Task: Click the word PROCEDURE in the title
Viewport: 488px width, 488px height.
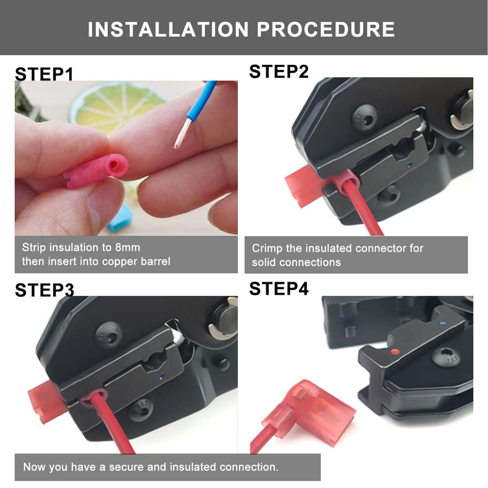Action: [325, 30]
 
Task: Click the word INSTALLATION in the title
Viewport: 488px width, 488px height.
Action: [168, 30]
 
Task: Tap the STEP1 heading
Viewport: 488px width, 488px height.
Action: [44, 74]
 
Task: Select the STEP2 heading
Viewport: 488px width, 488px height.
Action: [278, 71]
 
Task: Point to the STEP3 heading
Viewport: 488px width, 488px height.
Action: [44, 290]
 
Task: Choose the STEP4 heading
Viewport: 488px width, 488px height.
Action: [278, 288]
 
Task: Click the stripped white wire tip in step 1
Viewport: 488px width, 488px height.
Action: [183, 134]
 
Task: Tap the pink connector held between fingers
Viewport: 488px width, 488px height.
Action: [96, 172]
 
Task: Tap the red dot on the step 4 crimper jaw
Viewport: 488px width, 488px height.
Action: [395, 352]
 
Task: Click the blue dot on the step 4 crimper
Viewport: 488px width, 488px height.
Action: [443, 324]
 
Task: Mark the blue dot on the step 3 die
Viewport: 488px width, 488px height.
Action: [161, 377]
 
